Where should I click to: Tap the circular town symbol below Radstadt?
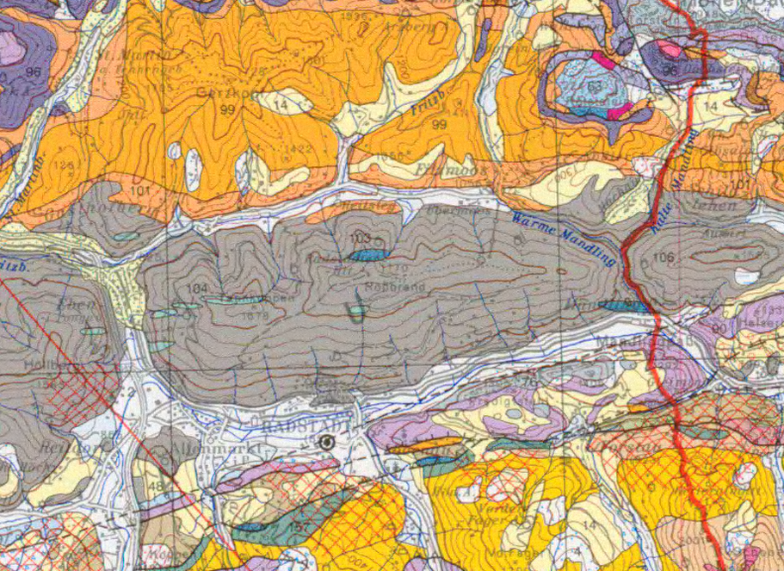(326, 443)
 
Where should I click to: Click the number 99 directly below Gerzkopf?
(227, 109)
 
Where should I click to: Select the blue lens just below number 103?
(368, 255)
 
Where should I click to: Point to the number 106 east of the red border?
(663, 258)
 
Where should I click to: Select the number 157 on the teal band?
(300, 526)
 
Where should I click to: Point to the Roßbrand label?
(384, 286)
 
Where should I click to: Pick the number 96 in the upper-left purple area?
(34, 71)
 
